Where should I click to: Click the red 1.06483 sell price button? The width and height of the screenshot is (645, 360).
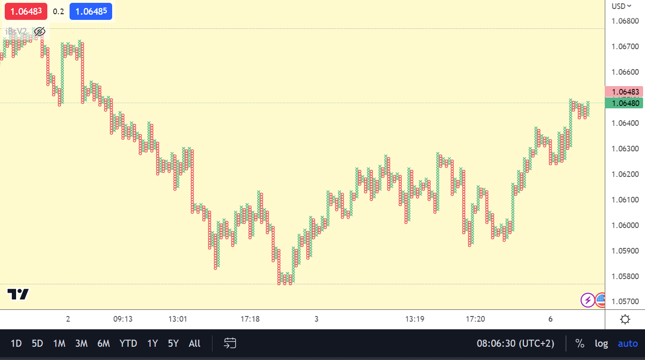26,11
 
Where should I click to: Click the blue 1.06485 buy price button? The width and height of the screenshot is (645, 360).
91,11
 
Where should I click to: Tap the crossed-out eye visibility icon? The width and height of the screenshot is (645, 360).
40,32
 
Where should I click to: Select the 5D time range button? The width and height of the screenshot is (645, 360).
37,343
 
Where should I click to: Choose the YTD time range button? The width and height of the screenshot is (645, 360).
128,343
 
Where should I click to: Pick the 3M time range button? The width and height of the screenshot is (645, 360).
81,343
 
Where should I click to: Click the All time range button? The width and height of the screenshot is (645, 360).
194,343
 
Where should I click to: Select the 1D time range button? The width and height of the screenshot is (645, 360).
16,343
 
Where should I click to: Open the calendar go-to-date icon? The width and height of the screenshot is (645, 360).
230,343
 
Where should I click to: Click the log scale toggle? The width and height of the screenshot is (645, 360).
601,343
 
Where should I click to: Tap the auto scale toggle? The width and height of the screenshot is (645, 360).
627,343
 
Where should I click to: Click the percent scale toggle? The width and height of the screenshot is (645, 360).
580,343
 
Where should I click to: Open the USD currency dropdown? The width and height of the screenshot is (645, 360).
621,6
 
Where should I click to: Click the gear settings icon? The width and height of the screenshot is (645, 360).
625,319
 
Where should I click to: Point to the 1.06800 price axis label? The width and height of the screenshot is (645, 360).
625,21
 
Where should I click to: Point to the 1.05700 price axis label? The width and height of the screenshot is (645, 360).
625,301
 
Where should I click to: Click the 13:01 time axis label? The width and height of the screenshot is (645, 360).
178,319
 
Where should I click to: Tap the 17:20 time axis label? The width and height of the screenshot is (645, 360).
476,319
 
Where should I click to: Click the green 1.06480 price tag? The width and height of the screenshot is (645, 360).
625,103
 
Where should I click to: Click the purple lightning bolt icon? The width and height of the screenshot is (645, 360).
588,299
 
